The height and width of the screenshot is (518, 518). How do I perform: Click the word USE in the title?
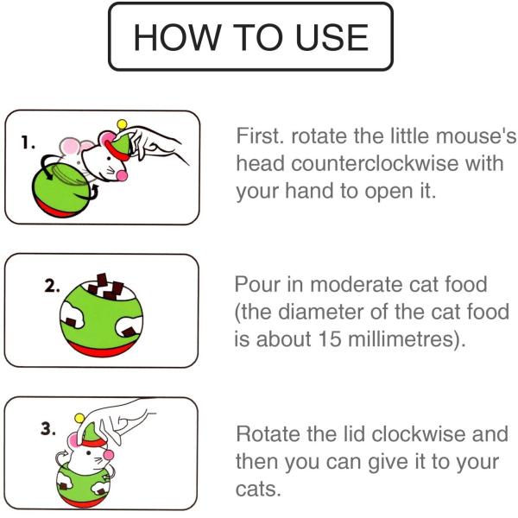(332, 37)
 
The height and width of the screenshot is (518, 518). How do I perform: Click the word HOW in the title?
(177, 37)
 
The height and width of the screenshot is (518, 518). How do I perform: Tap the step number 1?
(28, 142)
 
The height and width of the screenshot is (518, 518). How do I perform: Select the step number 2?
(52, 286)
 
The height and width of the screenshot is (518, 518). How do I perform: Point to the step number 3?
(48, 429)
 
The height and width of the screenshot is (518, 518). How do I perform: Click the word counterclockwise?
(375, 163)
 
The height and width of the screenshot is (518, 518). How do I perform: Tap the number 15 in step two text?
(329, 339)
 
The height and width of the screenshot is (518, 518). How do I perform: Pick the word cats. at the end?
(258, 490)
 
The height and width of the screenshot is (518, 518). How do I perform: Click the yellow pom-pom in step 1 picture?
(122, 124)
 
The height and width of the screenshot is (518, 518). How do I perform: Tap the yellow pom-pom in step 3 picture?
(79, 418)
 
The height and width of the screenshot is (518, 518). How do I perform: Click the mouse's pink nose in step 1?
(122, 176)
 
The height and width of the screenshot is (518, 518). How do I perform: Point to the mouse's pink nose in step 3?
(109, 455)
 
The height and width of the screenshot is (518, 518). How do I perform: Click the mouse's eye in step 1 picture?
(110, 159)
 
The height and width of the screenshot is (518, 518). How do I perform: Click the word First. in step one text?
(260, 136)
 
